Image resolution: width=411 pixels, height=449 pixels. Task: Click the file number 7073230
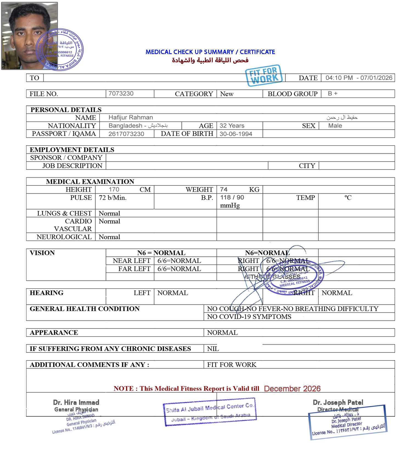click(x=121, y=94)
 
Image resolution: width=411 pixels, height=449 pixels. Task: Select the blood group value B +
click(x=333, y=94)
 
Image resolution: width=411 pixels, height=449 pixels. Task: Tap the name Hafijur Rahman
click(x=131, y=117)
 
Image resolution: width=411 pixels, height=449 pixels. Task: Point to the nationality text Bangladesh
click(x=125, y=126)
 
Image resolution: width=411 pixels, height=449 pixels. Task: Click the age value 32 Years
click(x=232, y=126)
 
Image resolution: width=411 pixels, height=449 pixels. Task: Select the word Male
click(x=335, y=126)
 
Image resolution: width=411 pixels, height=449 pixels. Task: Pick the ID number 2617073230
click(x=126, y=134)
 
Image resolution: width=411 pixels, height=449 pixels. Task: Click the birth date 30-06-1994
click(x=236, y=134)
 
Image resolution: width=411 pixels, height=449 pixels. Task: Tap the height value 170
click(x=114, y=190)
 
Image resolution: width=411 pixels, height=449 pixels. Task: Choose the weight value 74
click(x=224, y=190)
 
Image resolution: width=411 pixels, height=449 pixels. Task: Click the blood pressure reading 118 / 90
click(x=232, y=197)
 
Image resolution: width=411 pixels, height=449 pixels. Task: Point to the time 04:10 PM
click(x=339, y=78)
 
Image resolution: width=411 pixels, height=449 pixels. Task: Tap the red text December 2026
click(x=292, y=389)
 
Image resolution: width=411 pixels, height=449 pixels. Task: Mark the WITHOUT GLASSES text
click(x=272, y=277)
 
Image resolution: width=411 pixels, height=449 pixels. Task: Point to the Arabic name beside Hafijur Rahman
click(x=342, y=117)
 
